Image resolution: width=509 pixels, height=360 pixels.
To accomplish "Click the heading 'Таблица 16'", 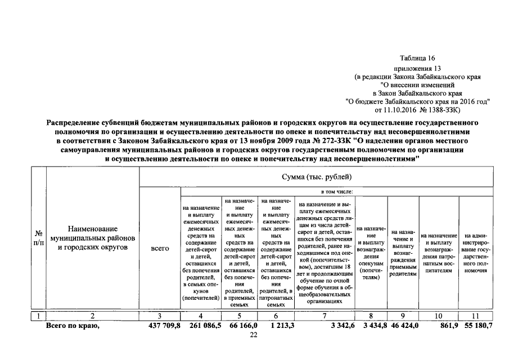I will tap(417, 58).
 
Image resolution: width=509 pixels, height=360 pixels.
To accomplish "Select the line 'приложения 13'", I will tap(417, 68).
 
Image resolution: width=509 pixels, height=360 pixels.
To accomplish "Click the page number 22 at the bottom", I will tap(253, 335).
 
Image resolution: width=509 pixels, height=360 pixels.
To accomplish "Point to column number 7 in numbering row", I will tap(325, 316).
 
